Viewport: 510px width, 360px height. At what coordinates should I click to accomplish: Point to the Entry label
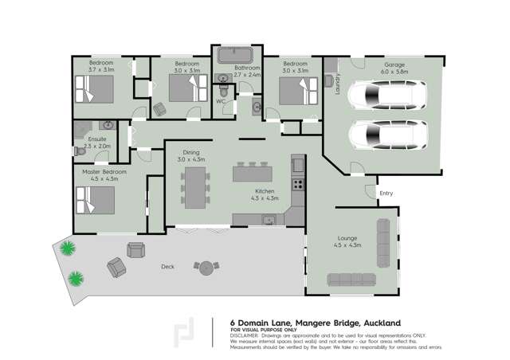point(386,193)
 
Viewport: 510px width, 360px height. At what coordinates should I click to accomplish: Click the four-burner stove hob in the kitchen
point(297,185)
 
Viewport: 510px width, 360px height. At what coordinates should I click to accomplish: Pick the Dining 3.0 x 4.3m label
point(191,155)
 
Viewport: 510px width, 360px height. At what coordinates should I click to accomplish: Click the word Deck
point(167,267)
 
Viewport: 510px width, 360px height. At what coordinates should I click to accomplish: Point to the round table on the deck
point(207,268)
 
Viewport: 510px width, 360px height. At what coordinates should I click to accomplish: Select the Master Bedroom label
point(100,175)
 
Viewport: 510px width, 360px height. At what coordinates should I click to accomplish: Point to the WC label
point(223,101)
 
